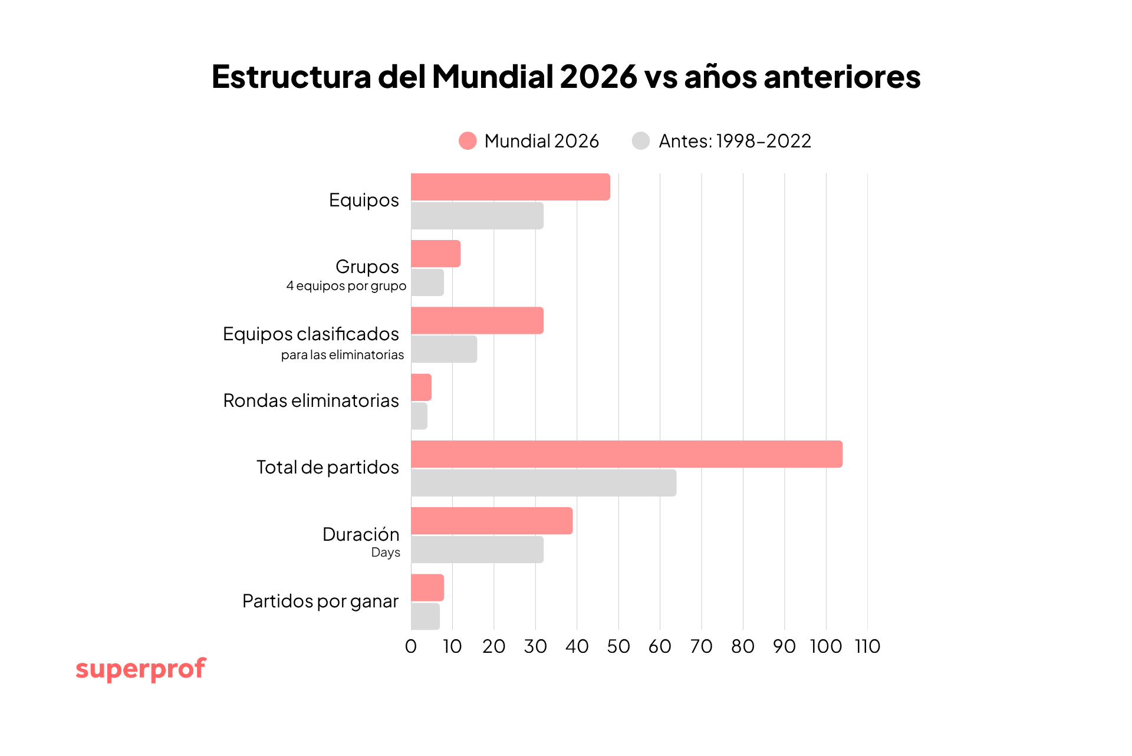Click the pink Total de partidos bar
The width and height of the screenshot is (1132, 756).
tap(626, 454)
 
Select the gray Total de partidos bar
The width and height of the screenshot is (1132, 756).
tap(543, 483)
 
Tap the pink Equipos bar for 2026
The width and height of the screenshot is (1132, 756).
tap(510, 187)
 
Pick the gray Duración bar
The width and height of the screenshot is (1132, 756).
tap(477, 550)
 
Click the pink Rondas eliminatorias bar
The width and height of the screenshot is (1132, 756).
tap(421, 387)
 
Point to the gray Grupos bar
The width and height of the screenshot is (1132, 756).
tap(427, 282)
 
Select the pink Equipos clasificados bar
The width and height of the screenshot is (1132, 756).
tap(477, 321)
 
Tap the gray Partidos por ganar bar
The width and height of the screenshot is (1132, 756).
tap(425, 616)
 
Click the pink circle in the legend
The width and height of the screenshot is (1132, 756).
tap(468, 141)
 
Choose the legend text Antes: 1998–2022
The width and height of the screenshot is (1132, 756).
tap(735, 141)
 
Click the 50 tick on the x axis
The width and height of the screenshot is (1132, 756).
tap(618, 646)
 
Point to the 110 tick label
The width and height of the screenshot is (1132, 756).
tap(867, 646)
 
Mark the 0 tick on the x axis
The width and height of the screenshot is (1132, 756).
tap(411, 646)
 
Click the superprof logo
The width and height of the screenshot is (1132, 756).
tap(141, 669)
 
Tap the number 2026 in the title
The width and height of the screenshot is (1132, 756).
tap(598, 77)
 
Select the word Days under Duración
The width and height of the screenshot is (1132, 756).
tap(386, 553)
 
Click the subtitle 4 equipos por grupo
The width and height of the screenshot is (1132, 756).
tap(346, 286)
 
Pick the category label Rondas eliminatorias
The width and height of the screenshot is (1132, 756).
tap(311, 400)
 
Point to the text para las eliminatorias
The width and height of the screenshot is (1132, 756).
tap(343, 355)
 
